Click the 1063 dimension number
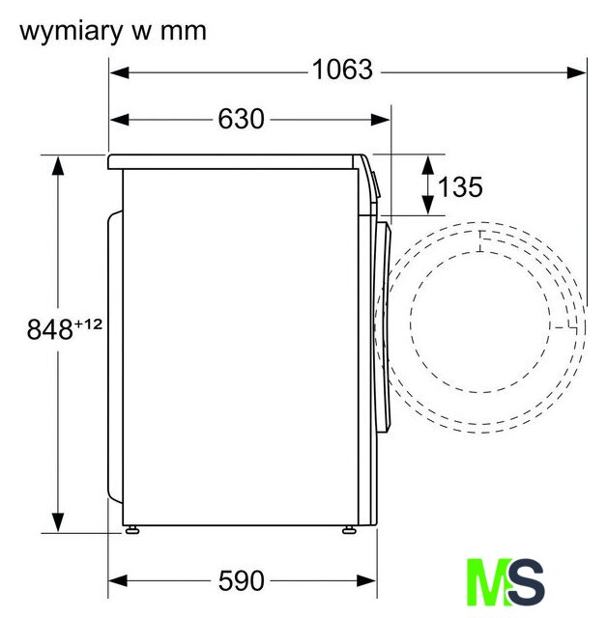point(342,70)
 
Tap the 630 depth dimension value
point(241,119)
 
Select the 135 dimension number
point(460,186)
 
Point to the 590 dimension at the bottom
point(241,580)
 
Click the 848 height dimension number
point(49,329)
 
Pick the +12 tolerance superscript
point(88,324)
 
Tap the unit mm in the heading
point(184,33)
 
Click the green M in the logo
point(488,582)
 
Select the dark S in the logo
point(526,582)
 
